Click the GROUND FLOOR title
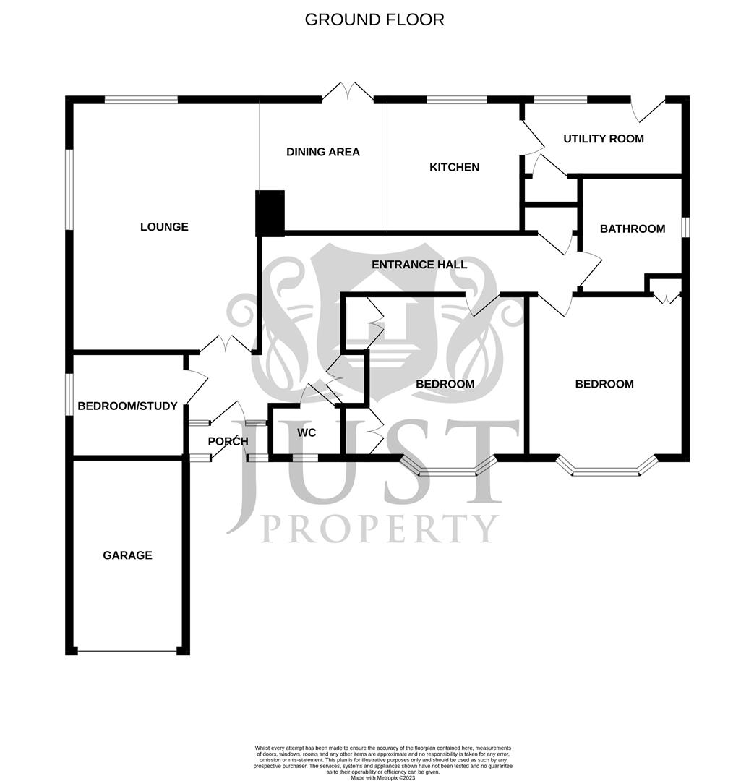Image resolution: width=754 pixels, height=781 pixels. (374, 20)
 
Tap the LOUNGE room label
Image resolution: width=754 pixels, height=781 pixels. (164, 227)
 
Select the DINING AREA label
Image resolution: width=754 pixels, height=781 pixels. (322, 152)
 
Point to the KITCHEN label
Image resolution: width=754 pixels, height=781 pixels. (454, 167)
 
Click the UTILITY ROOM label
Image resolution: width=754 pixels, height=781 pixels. (603, 138)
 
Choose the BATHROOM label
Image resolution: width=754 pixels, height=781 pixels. (632, 229)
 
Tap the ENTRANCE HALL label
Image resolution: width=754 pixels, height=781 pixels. (419, 265)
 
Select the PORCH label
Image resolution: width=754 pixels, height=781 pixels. (228, 441)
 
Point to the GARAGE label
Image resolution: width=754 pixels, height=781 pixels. (127, 555)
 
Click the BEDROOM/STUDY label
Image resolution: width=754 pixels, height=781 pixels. (127, 406)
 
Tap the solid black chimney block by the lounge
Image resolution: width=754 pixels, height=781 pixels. (270, 213)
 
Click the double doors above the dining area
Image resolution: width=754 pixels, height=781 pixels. (348, 93)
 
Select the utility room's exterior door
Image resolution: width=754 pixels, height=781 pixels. (648, 108)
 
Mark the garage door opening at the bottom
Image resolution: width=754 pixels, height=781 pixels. (127, 652)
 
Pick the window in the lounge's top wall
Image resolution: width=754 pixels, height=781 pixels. (141, 100)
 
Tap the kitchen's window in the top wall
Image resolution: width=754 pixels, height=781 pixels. (456, 100)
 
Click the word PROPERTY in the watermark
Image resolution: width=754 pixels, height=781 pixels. (380, 529)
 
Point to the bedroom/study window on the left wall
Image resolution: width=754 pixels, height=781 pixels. (69, 394)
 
